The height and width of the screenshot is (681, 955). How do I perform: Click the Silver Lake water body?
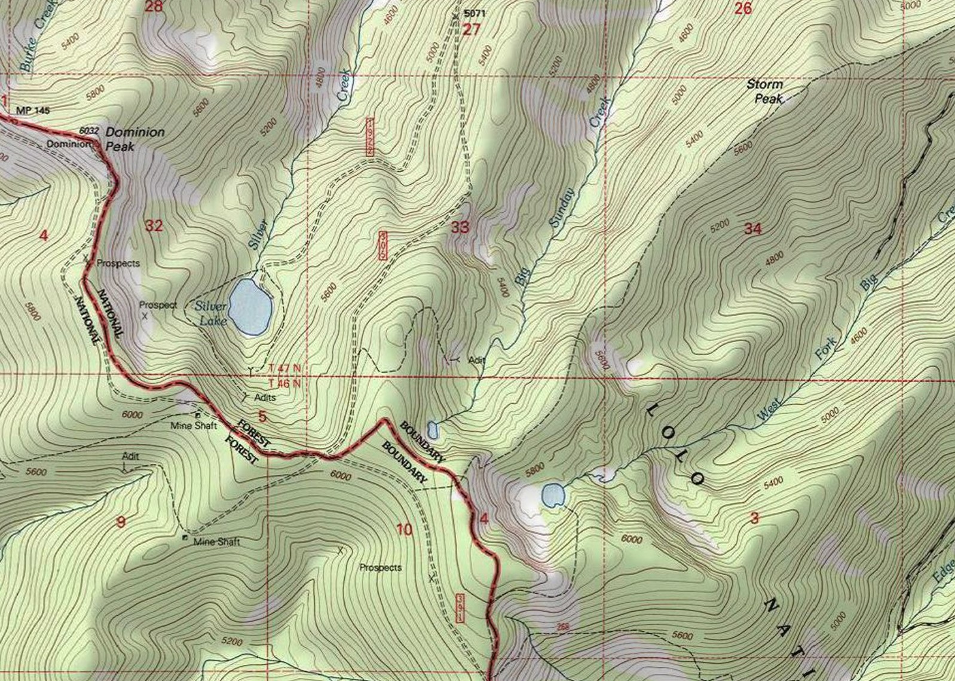(250, 307)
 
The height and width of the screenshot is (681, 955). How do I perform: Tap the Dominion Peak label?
(134, 138)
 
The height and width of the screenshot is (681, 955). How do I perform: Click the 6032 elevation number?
(88, 131)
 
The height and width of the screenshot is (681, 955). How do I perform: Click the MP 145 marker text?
(33, 111)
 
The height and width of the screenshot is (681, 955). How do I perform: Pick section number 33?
(460, 227)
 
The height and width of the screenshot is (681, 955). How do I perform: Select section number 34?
(752, 228)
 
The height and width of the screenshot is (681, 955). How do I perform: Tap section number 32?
(154, 225)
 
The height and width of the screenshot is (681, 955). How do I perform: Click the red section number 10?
(404, 529)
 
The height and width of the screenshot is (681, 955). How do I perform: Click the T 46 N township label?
(284, 383)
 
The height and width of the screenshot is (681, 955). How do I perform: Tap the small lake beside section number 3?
(553, 496)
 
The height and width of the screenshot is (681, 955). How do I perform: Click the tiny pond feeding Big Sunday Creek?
(433, 429)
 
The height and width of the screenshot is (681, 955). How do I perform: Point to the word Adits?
(265, 397)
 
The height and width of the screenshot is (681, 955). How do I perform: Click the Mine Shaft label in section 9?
(216, 542)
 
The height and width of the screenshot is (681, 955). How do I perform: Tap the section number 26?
(742, 8)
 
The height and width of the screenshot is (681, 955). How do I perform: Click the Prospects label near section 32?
(118, 263)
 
